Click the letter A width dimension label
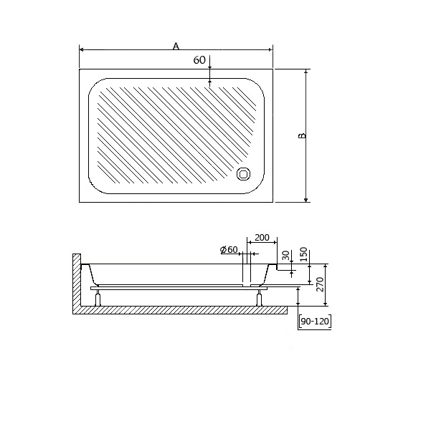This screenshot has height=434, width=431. (x=176, y=46)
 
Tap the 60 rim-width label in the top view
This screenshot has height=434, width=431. (x=199, y=59)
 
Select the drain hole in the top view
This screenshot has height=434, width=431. (x=244, y=174)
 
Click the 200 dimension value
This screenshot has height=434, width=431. (x=262, y=238)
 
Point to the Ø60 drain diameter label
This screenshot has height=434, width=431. (x=229, y=250)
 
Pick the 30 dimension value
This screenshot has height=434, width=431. (x=286, y=256)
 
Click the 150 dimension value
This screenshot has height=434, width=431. (x=304, y=254)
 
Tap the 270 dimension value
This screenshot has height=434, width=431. (x=320, y=284)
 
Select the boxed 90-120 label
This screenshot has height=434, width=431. (x=315, y=322)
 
